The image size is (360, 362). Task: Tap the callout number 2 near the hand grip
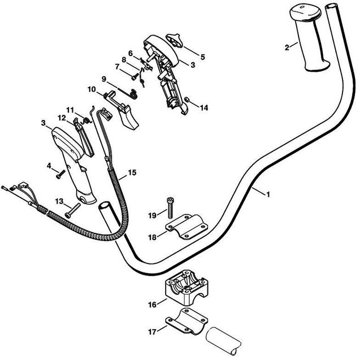[287, 47]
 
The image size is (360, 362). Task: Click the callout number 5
[187, 57]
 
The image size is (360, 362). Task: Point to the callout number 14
[204, 107]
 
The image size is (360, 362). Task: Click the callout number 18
[152, 238]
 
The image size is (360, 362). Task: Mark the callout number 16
[152, 305]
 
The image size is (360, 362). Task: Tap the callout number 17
[152, 333]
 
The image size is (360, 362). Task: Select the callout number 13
[59, 201]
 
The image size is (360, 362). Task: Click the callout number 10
[92, 89]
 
